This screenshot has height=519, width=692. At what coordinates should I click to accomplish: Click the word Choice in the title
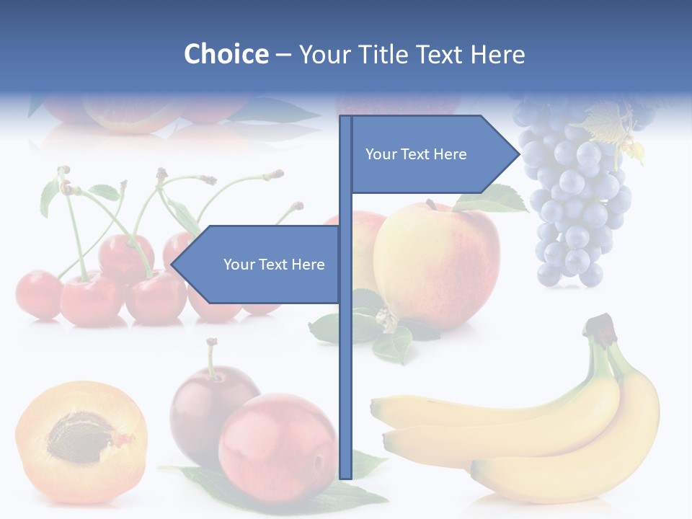click(226, 54)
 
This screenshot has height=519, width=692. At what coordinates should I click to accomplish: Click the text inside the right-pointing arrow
click(416, 154)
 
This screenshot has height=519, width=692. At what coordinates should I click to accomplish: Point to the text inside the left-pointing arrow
click(274, 265)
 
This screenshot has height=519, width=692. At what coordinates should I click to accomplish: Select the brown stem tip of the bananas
click(602, 326)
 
